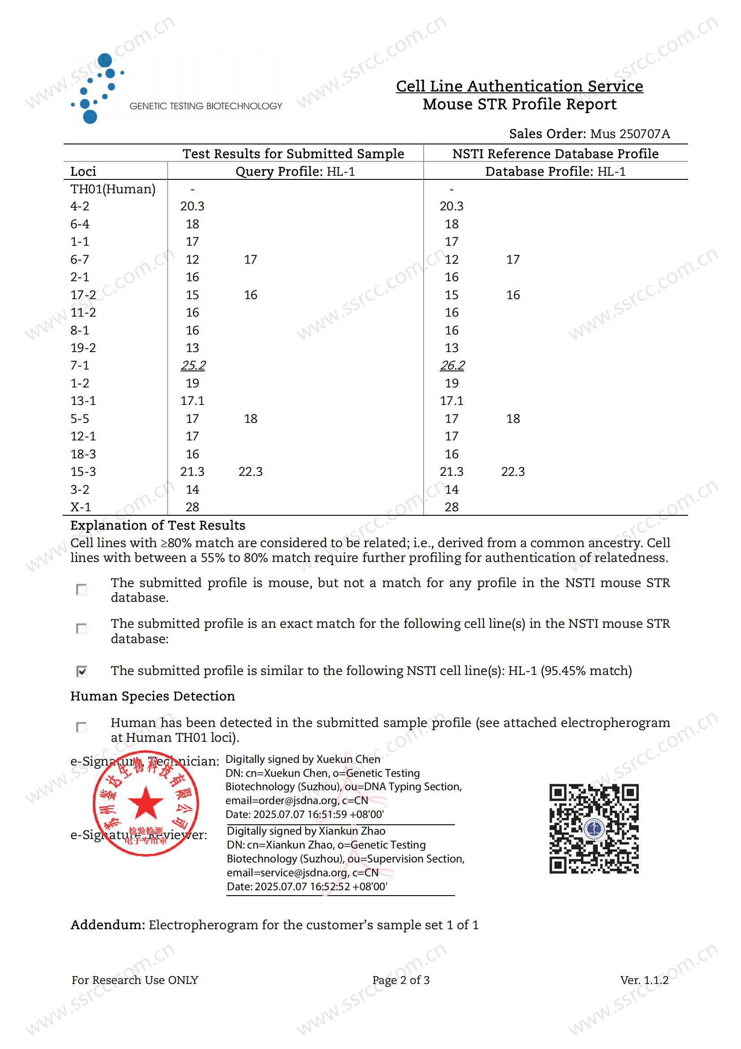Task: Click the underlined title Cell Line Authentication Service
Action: (x=519, y=86)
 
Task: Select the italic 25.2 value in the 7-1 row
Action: (x=193, y=365)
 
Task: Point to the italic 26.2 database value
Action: (x=451, y=365)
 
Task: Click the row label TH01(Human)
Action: (x=113, y=189)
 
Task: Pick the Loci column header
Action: (x=83, y=171)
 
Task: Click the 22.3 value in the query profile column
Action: (x=250, y=471)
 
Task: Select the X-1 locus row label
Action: (x=80, y=507)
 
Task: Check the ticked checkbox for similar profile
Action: (x=82, y=671)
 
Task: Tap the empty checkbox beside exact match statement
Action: (x=82, y=629)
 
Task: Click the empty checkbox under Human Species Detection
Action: (x=82, y=727)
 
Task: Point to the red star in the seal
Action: (x=146, y=803)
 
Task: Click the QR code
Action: (x=594, y=828)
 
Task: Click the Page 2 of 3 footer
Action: (x=400, y=980)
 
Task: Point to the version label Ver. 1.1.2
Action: (x=644, y=980)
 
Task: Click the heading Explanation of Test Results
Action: (x=157, y=526)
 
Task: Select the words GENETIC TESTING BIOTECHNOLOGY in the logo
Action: (x=205, y=106)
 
